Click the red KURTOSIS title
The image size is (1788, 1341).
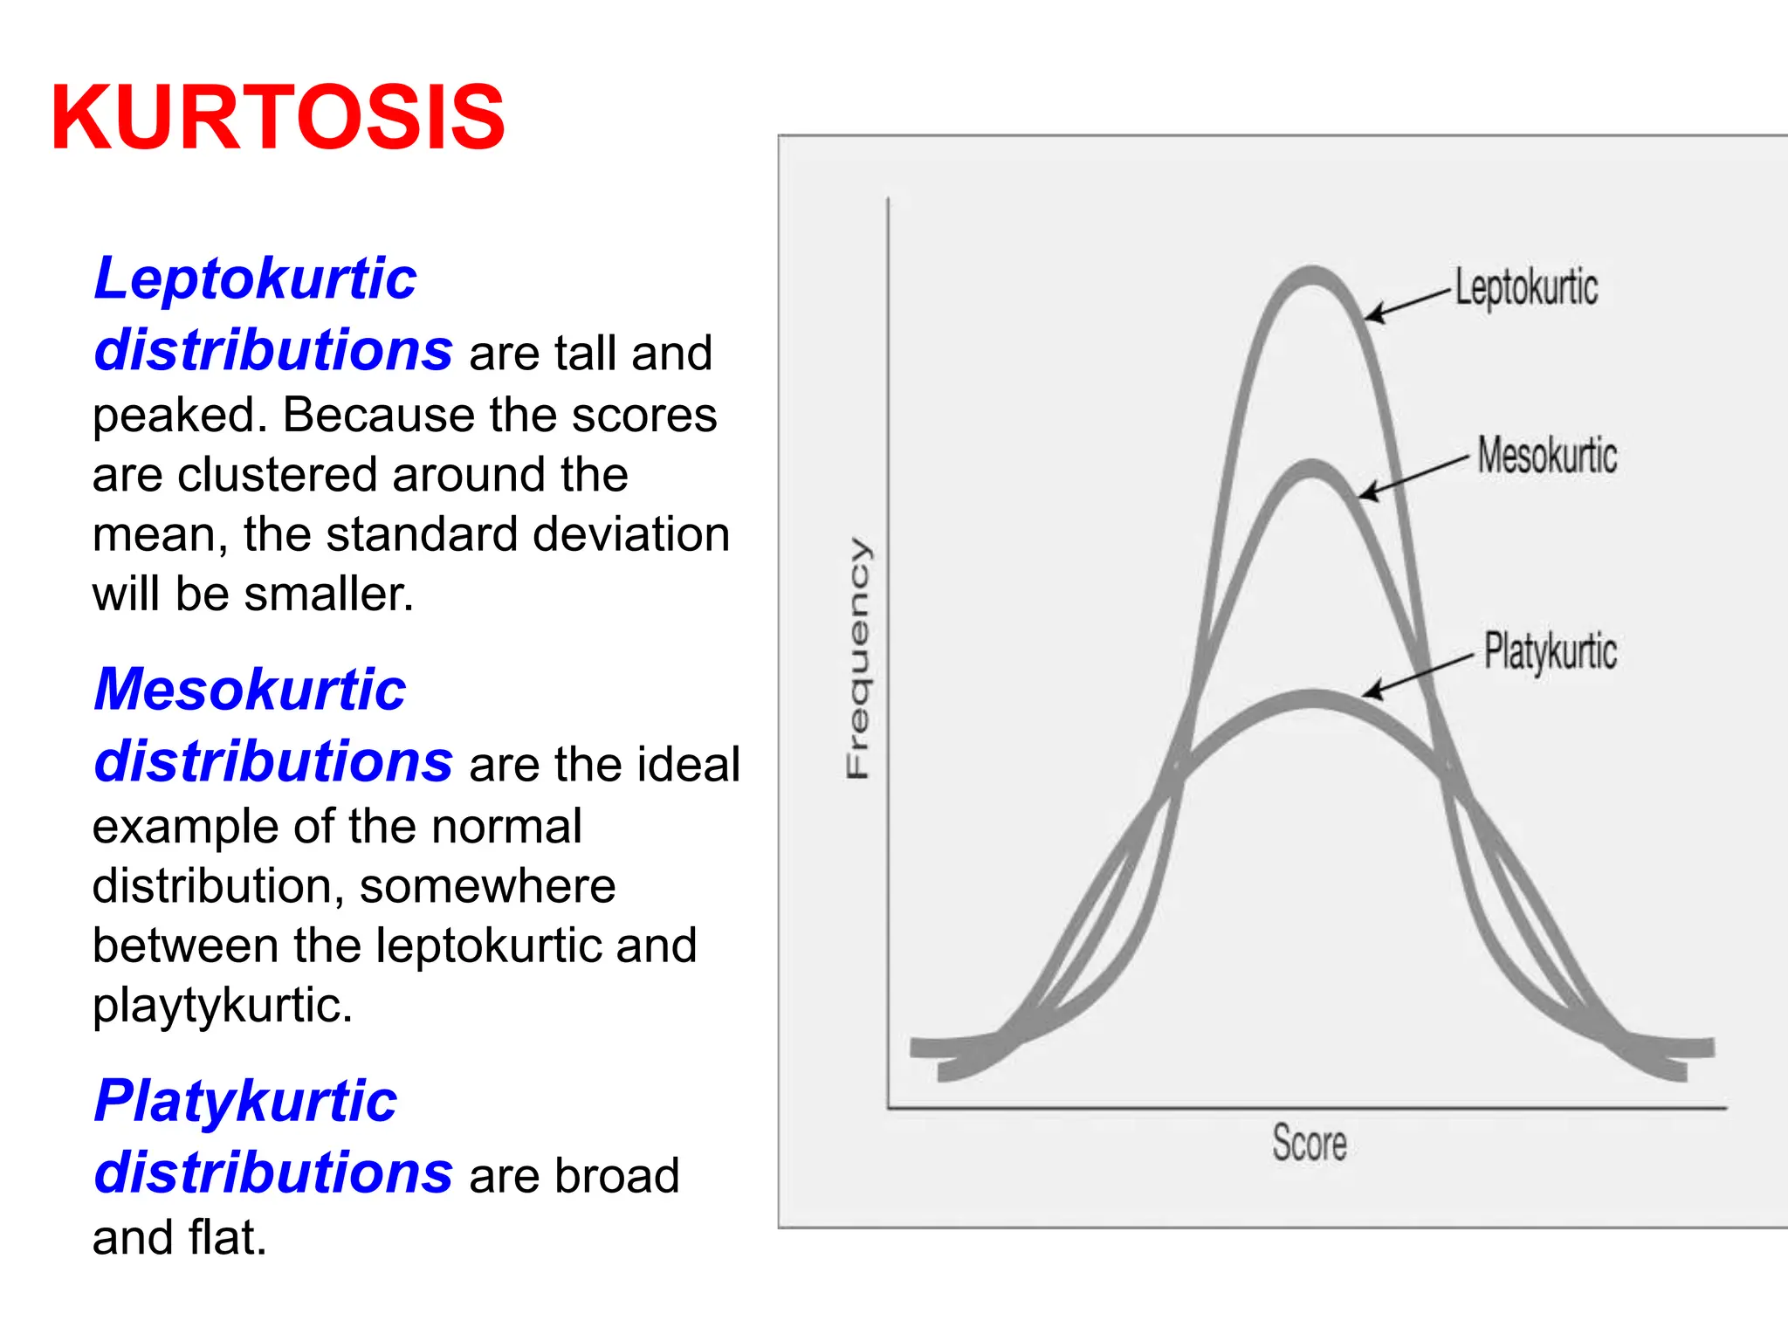tap(278, 118)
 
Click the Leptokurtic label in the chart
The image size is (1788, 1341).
tap(1526, 288)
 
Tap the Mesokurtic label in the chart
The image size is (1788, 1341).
tap(1547, 456)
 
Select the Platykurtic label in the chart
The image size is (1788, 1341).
tap(1551, 651)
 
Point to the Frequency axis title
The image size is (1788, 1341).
tap(858, 658)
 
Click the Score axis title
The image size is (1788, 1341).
tap(1309, 1143)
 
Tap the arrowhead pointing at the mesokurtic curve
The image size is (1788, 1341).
tap(1367, 493)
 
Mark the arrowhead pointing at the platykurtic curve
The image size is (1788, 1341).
tap(1372, 691)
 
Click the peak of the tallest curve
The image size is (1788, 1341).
tap(1312, 275)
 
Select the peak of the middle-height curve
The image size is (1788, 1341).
tap(1311, 469)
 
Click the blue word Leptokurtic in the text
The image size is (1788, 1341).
tap(255, 279)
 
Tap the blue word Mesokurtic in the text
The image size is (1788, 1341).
tap(250, 690)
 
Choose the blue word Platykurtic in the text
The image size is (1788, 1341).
tap(245, 1101)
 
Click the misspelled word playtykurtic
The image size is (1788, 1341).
tap(223, 1006)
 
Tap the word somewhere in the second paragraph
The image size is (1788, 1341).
tap(487, 886)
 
